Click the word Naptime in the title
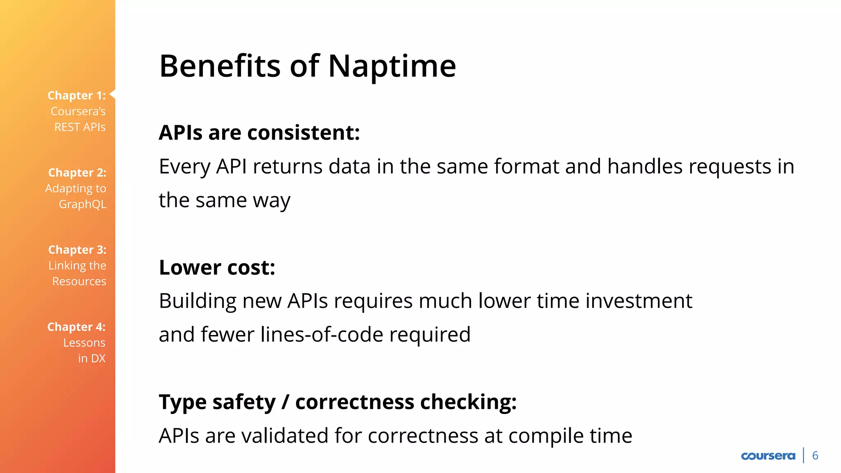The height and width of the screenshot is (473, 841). (392, 67)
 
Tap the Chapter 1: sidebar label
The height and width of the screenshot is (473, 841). (77, 96)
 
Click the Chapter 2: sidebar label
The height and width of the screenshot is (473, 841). (77, 173)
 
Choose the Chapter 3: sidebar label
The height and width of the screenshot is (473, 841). (77, 250)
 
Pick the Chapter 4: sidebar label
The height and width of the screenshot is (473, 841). (76, 327)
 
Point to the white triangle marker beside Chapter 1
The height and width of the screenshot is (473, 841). (113, 94)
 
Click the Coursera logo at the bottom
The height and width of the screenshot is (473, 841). (768, 456)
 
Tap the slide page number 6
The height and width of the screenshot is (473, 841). (815, 456)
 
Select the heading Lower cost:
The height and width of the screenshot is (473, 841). (217, 268)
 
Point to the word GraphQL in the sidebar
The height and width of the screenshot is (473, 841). (83, 204)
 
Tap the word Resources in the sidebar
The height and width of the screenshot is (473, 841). (79, 282)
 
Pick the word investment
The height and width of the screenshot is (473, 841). (639, 301)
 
